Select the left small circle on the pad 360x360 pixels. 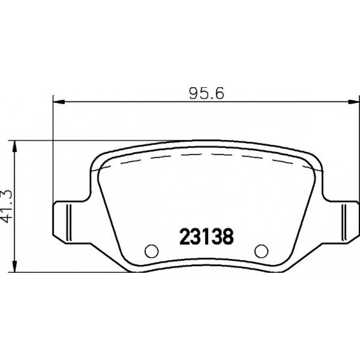[x=152, y=251]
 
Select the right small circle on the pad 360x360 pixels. [x=261, y=251]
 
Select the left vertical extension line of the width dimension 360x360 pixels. [x=53, y=148]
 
